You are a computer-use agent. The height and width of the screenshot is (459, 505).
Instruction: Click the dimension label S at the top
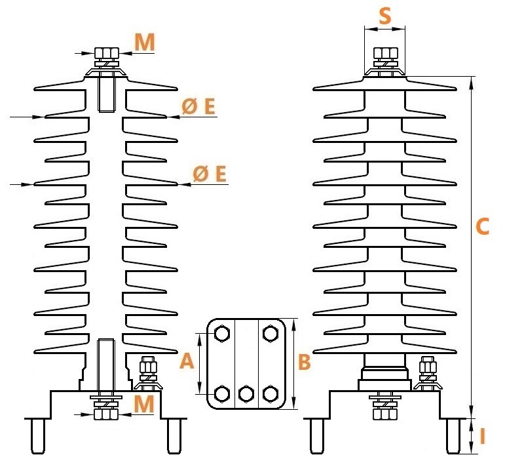[x=385, y=16]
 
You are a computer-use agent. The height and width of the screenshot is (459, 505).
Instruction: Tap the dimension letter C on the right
[x=482, y=226]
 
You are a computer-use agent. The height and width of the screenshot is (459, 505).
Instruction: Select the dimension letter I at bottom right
[x=482, y=437]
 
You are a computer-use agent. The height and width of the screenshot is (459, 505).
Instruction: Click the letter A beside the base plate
[x=187, y=361]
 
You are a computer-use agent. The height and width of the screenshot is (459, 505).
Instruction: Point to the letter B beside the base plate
[x=305, y=362]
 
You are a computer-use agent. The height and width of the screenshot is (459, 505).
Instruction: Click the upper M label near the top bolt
[x=145, y=42]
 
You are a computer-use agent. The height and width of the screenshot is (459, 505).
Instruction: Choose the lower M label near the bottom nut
[x=143, y=403]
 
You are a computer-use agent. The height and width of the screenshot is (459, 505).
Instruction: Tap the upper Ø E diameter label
[x=198, y=106]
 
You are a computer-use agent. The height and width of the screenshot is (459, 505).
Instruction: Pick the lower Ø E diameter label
[x=210, y=173]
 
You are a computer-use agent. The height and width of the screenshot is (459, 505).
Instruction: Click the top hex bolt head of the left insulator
[x=107, y=52]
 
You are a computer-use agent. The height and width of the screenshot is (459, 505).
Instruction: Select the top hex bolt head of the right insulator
[x=385, y=52]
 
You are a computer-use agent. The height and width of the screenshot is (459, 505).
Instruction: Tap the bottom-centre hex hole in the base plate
[x=246, y=394]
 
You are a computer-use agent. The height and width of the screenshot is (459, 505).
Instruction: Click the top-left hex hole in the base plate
[x=222, y=334]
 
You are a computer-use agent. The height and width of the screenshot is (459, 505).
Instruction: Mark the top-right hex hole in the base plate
[x=271, y=334]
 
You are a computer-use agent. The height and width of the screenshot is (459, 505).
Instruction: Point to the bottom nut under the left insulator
[x=106, y=414]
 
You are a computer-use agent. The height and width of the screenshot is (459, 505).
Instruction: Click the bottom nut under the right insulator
[x=385, y=414]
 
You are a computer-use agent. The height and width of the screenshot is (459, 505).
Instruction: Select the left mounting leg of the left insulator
[x=38, y=436]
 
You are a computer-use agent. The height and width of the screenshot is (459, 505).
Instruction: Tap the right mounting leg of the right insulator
[x=453, y=436]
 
